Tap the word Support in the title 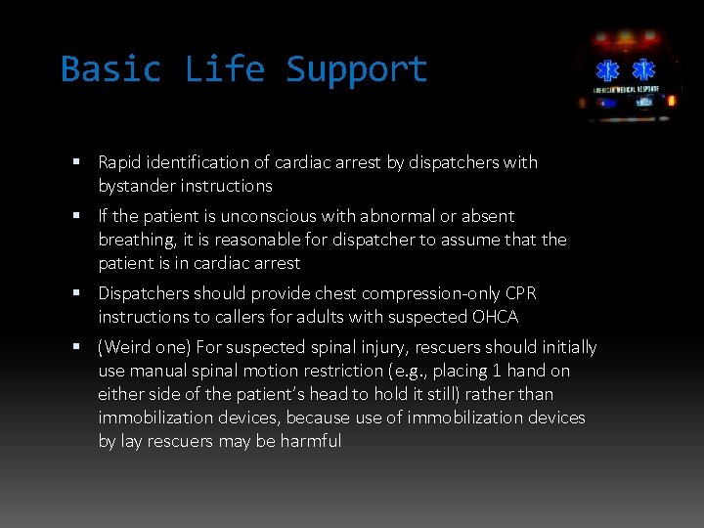[357, 69]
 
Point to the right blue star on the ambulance [642, 70]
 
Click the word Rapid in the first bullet [120, 162]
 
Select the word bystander [136, 186]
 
